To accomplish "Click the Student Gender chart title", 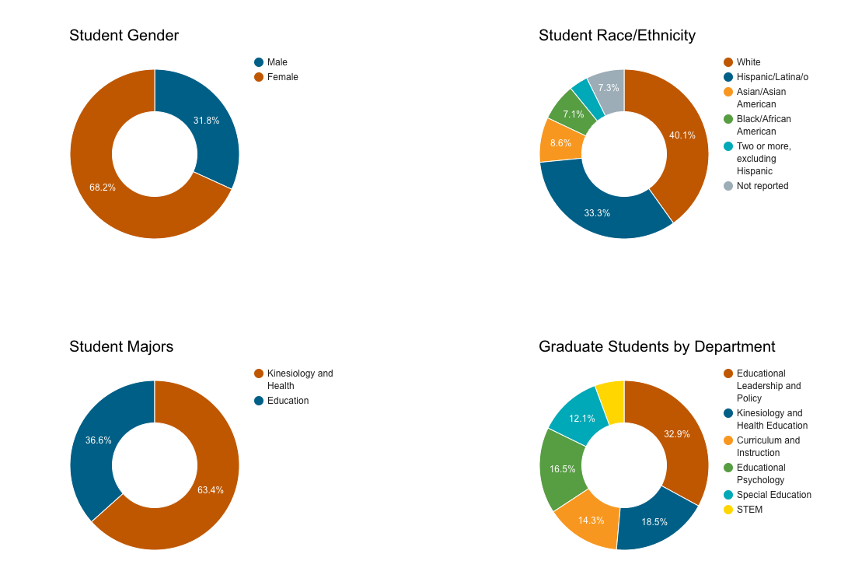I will click(124, 36).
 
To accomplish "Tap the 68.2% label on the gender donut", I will click(103, 188).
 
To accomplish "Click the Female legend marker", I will click(259, 77).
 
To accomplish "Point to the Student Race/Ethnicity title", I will click(616, 36).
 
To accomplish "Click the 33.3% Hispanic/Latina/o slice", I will click(597, 212).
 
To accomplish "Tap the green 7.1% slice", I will click(573, 115).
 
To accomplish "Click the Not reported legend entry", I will click(762, 186).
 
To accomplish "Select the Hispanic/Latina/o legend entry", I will click(772, 77).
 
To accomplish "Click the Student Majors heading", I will click(121, 347).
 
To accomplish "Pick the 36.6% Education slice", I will click(99, 440).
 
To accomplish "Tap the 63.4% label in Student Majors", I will click(210, 490).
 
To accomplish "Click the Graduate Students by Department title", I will click(657, 347).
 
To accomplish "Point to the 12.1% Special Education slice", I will click(581, 419).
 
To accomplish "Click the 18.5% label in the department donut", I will click(654, 522).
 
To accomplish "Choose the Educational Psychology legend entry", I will click(760, 474).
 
